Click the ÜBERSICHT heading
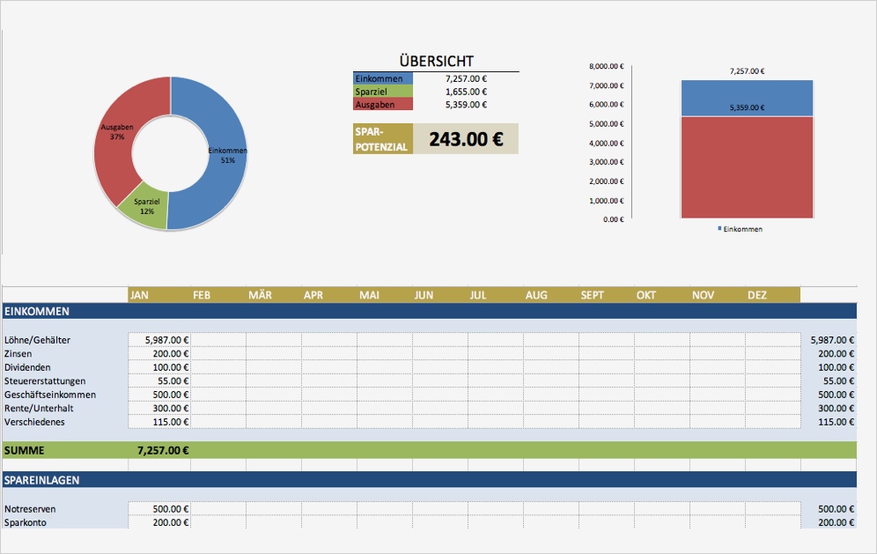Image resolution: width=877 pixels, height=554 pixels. click(x=436, y=61)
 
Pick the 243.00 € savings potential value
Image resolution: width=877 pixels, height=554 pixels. click(x=465, y=139)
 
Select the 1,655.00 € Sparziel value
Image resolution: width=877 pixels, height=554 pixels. click(x=466, y=92)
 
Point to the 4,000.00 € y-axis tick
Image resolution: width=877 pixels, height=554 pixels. click(x=606, y=143)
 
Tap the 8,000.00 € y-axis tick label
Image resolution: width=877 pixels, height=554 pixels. click(x=606, y=66)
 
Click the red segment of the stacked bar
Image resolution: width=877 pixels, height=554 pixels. click(x=746, y=167)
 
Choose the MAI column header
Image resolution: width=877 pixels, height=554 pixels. click(x=369, y=295)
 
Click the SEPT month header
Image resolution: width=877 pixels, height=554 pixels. click(x=592, y=295)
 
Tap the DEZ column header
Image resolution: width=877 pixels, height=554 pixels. click(x=757, y=295)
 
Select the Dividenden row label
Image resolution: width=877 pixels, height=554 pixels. click(x=27, y=367)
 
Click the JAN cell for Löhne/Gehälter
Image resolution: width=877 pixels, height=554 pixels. click(x=159, y=340)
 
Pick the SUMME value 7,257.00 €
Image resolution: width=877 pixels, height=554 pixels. click(x=164, y=450)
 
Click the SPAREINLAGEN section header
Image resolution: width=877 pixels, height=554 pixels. click(x=42, y=480)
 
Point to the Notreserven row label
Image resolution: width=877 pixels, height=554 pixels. click(x=31, y=509)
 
